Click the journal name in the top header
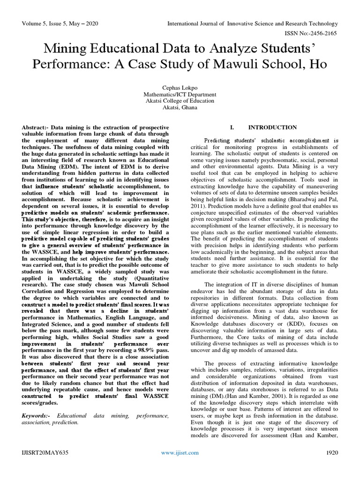coord(253,23)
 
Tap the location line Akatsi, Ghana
coord(180,107)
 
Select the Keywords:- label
coord(37,415)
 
